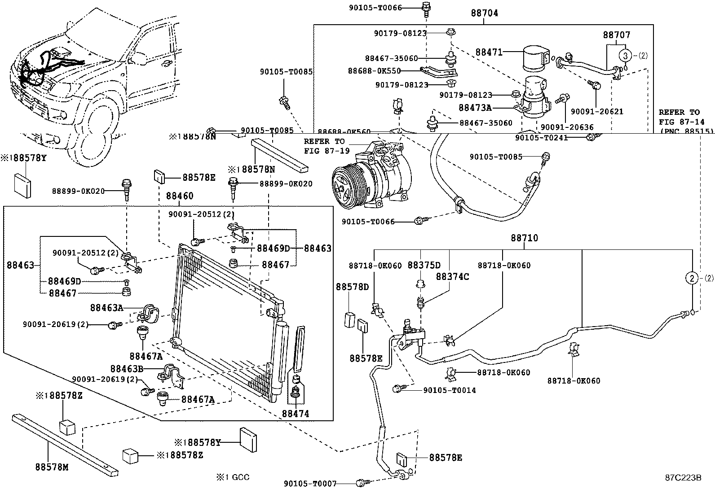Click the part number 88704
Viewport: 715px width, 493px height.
point(484,13)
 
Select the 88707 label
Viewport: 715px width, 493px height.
point(616,35)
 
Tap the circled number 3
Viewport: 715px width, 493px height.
point(625,56)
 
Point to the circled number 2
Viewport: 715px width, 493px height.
point(692,278)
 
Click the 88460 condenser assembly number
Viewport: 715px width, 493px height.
point(180,196)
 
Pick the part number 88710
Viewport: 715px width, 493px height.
point(524,238)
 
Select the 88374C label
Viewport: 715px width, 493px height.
point(452,277)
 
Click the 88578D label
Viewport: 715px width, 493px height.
point(353,287)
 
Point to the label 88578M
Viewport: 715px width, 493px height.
point(52,467)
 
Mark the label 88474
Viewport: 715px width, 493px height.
point(296,414)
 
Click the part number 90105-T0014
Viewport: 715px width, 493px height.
point(449,390)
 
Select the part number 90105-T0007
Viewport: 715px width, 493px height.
point(310,483)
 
